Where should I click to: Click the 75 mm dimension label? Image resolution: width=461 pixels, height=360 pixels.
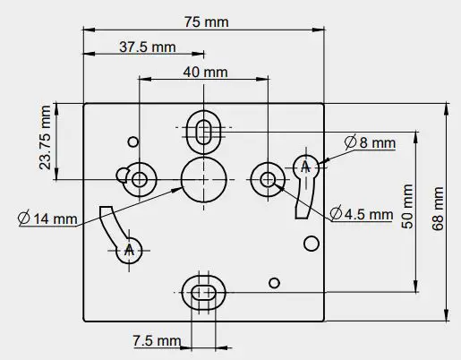(x=204, y=21)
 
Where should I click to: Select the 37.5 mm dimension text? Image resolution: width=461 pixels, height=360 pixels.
(x=147, y=46)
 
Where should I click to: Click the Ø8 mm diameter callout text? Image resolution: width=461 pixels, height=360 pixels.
(x=371, y=142)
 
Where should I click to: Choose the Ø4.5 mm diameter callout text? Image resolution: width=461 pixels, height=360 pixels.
(x=362, y=214)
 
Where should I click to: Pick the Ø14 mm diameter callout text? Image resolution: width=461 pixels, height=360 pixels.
(x=47, y=218)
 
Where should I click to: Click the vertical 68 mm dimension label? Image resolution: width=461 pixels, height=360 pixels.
(x=437, y=210)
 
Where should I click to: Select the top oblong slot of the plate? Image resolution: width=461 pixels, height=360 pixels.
(x=204, y=128)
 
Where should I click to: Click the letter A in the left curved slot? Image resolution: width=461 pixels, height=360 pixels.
(x=131, y=249)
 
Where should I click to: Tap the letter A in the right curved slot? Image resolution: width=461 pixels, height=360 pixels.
(x=305, y=167)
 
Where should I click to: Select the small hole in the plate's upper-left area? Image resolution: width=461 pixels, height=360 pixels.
(x=133, y=141)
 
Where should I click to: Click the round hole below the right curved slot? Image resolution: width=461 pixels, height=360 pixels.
(x=312, y=243)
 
